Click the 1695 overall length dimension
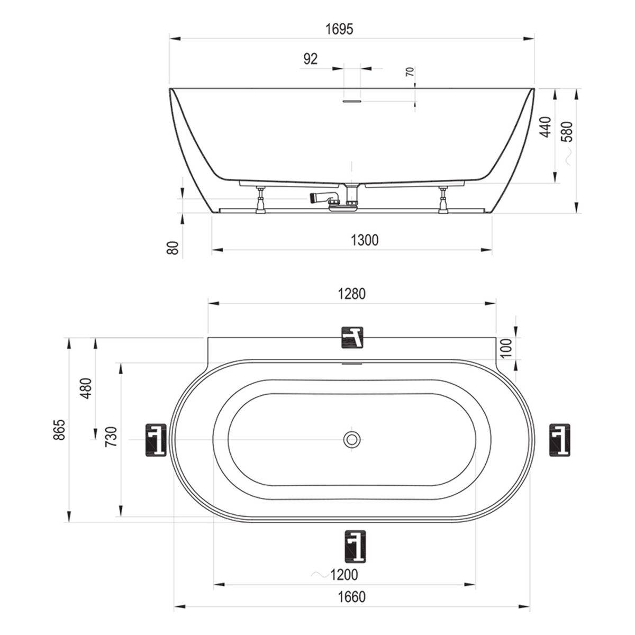tap(339, 29)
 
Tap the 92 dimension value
tap(311, 59)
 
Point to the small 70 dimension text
tap(410, 71)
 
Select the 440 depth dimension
tap(546, 127)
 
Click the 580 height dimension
tap(567, 131)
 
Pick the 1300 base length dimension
tap(365, 240)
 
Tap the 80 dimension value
tap(173, 248)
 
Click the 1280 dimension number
tap(352, 294)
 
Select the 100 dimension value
tap(506, 348)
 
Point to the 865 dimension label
tap(60, 430)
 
